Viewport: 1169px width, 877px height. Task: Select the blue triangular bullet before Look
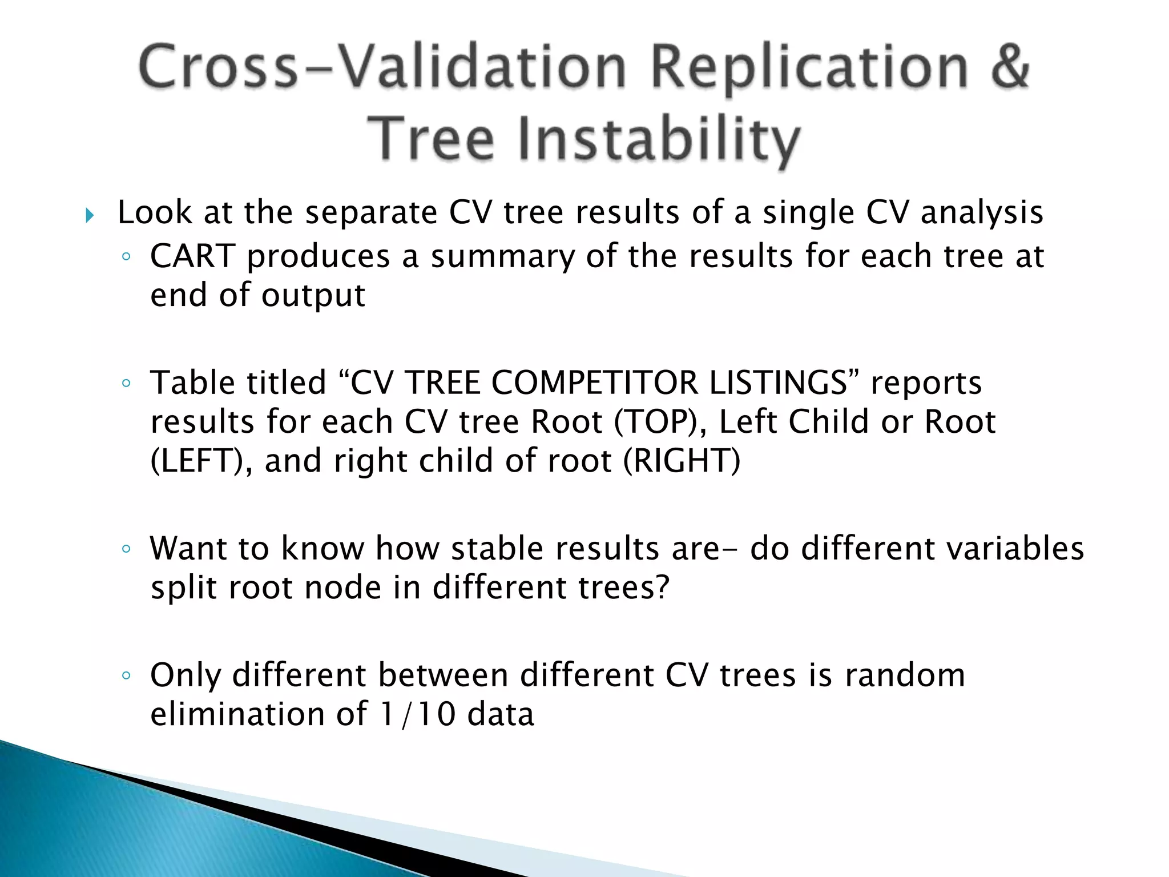coord(89,216)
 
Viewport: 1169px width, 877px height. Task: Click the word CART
coord(192,256)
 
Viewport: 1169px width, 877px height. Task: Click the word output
coord(313,296)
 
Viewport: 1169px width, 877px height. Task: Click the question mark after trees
coord(662,587)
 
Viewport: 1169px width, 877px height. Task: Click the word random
coord(905,675)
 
